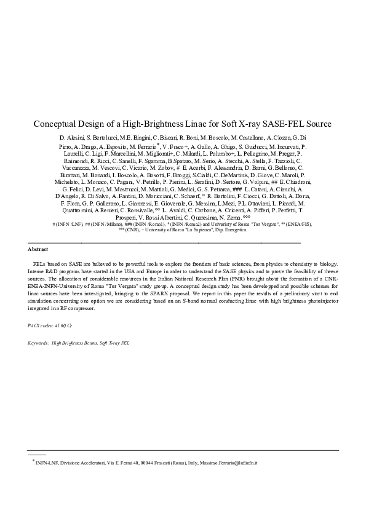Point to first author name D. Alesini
tap(73, 137)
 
